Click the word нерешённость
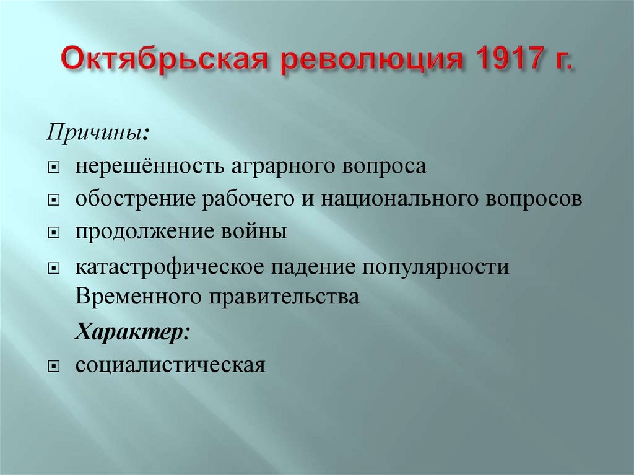click(152, 167)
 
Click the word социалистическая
click(171, 365)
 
